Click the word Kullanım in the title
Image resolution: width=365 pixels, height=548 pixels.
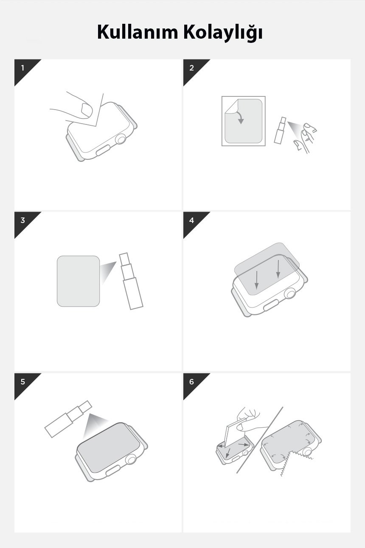coord(138,32)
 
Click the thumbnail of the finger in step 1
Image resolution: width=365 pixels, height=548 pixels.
coord(87,110)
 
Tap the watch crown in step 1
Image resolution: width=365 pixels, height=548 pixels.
coord(121,140)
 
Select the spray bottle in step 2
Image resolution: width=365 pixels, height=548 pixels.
coord(280,130)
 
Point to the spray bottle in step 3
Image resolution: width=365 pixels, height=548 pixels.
coord(131,281)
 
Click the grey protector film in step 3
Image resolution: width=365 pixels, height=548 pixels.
coord(78,281)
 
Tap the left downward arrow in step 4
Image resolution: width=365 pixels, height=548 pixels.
coord(256,280)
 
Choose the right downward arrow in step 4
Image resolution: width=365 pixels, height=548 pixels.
coord(278,269)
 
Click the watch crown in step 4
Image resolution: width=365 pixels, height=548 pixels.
coord(290,293)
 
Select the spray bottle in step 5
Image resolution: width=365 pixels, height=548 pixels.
coord(68,419)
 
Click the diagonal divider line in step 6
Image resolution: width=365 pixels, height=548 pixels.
coord(260,440)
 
